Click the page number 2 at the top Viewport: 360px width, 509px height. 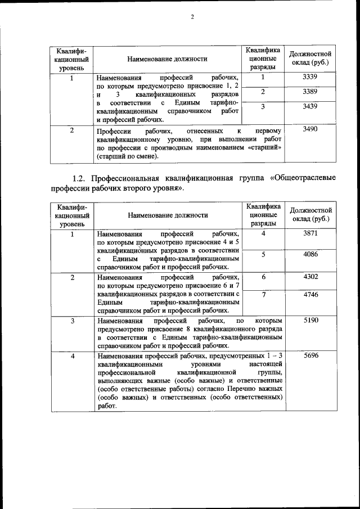click(192, 16)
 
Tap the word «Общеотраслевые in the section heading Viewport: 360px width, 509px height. click(303, 178)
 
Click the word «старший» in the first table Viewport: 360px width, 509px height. click(264, 147)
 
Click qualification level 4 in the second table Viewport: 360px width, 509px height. click(72, 356)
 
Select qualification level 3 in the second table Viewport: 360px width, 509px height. click(72, 320)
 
